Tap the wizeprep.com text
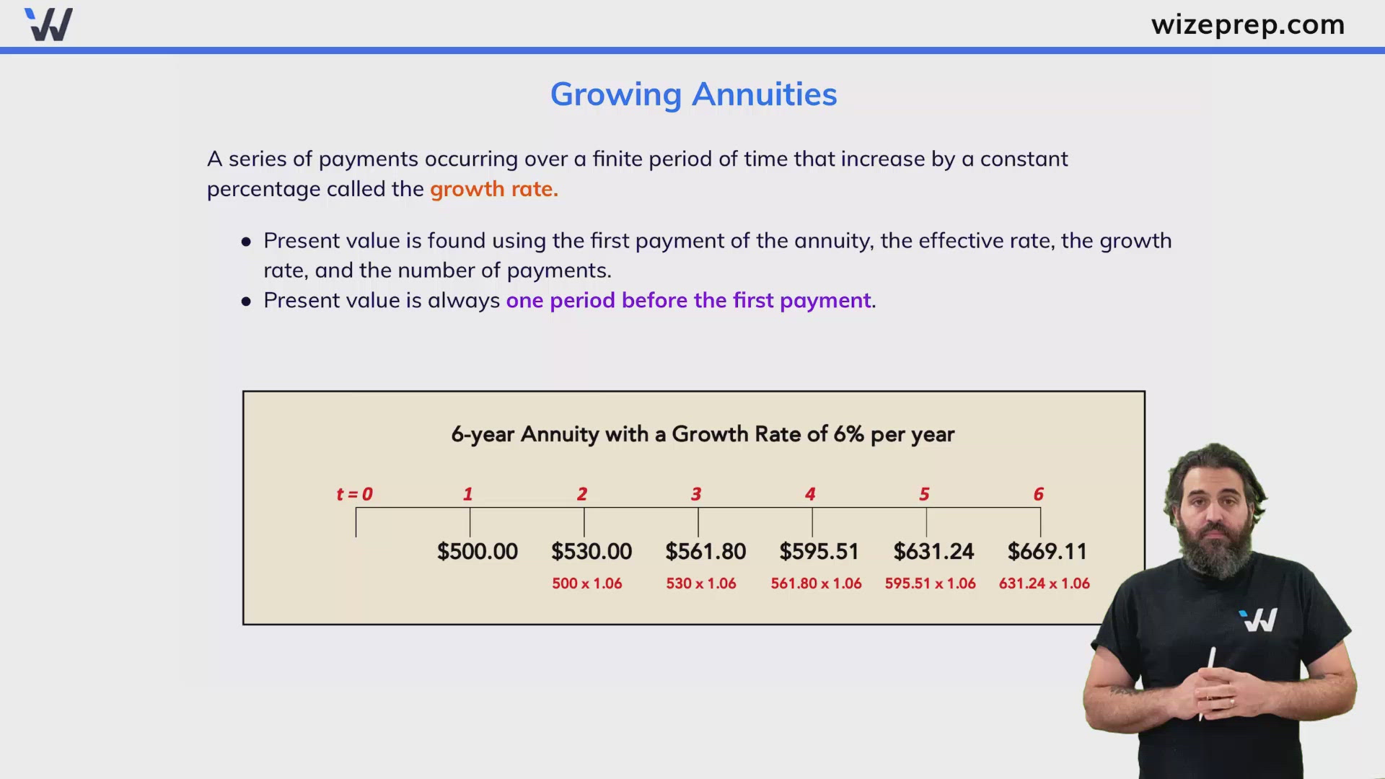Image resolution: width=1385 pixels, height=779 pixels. [1248, 25]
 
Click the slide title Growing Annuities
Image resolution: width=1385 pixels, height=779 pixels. [693, 94]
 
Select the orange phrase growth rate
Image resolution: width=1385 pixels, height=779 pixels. [494, 189]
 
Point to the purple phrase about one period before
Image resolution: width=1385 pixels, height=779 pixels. [689, 300]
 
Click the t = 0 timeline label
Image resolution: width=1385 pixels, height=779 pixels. [354, 494]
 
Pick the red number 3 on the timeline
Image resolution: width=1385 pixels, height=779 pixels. [696, 494]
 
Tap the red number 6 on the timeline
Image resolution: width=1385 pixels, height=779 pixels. [1039, 494]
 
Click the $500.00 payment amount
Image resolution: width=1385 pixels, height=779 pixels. [478, 552]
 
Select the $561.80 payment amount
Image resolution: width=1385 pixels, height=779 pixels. [705, 552]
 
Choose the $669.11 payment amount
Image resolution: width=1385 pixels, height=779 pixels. [1047, 552]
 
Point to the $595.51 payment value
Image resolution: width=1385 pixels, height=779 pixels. [819, 552]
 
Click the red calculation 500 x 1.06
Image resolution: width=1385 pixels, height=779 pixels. [587, 584]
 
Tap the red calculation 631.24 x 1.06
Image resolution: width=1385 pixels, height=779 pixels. [1045, 584]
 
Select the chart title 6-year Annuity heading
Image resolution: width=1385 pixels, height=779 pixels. [703, 434]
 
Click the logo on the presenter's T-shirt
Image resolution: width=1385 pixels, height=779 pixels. [1258, 620]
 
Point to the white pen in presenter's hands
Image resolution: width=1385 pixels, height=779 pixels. [1207, 682]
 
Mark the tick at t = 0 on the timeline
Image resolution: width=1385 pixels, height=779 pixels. [356, 522]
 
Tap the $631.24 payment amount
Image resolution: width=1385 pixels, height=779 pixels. [933, 552]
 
